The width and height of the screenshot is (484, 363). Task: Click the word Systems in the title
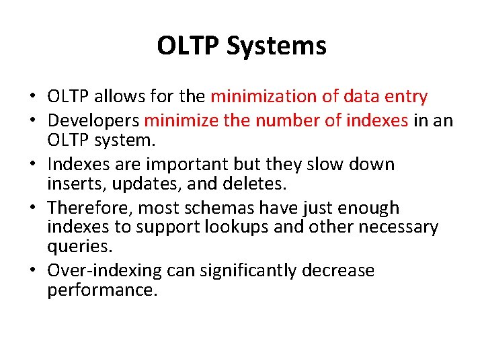(x=276, y=46)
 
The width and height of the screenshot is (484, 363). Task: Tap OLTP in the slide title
(x=189, y=46)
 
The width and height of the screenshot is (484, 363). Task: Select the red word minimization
(x=264, y=97)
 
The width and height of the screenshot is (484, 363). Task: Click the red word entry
(x=404, y=97)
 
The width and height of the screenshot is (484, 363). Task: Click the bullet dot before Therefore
(x=34, y=209)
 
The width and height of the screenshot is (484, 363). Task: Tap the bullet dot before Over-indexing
(x=34, y=272)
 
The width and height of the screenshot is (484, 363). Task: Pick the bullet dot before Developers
(x=34, y=121)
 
